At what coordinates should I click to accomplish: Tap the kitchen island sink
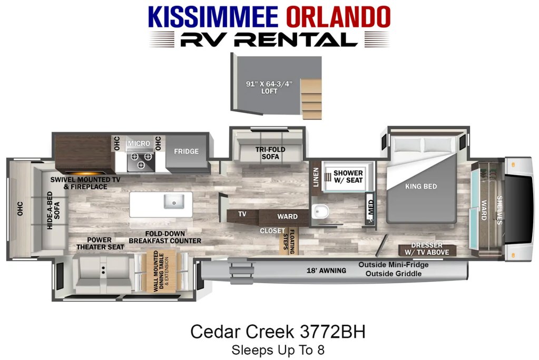coord(174,201)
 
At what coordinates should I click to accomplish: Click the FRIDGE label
coord(187,151)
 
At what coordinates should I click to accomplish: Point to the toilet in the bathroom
coord(320,211)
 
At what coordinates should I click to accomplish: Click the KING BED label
coord(421,187)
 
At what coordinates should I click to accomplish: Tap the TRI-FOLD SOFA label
coord(270,153)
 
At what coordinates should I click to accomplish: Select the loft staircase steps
coord(312,99)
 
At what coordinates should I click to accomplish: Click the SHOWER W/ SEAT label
coord(348,177)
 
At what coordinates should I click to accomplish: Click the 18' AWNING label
coord(326,270)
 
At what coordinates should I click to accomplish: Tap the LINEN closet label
coord(316,178)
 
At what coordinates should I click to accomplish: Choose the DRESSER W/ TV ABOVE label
coord(427,249)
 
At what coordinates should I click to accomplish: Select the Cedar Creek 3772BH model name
coord(278,332)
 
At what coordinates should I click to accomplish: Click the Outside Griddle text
coord(393,274)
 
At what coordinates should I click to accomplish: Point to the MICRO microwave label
coord(139,143)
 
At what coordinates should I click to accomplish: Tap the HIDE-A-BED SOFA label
coord(53,211)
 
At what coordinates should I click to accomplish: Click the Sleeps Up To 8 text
coord(278,350)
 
